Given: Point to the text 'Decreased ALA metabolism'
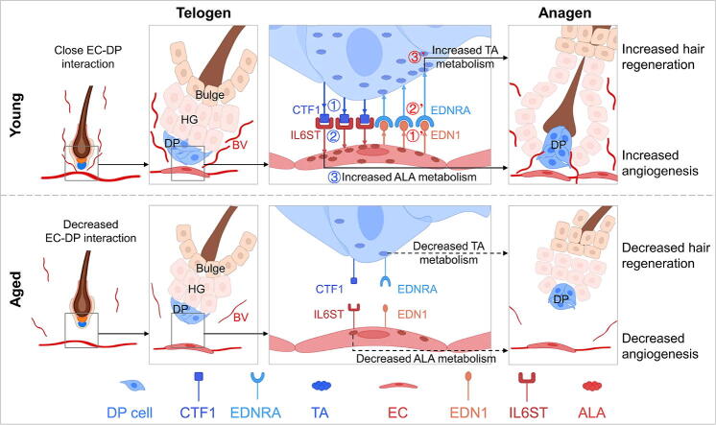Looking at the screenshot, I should [425, 358].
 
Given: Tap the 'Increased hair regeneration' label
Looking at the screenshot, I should [663, 55].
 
